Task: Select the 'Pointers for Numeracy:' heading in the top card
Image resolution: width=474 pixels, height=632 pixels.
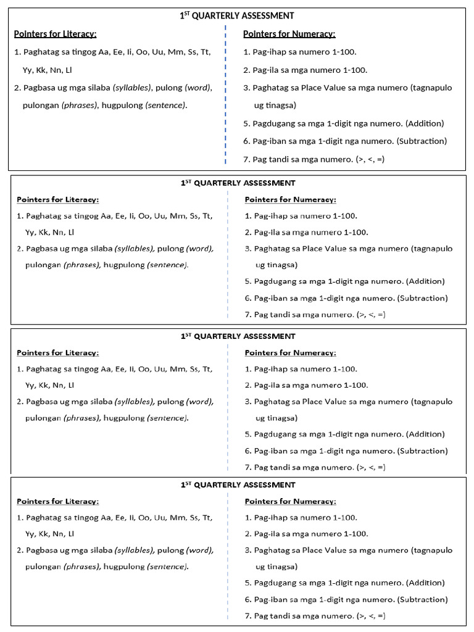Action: coord(289,34)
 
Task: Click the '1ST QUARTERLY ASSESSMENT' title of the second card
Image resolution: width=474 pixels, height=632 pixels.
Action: coord(238,183)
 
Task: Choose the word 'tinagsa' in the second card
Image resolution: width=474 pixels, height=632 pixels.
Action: coord(283,265)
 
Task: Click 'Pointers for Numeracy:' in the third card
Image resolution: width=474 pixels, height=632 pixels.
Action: coord(290,353)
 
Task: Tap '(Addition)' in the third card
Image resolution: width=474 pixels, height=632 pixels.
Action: coord(425,434)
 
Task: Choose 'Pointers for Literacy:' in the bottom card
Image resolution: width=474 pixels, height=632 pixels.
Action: coord(57,501)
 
